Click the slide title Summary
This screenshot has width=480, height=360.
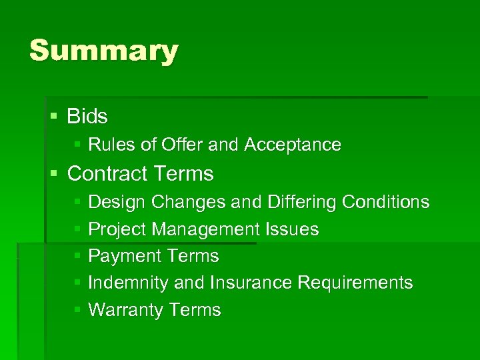pyautogui.click(x=103, y=51)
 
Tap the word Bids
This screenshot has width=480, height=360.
pyautogui.click(x=87, y=117)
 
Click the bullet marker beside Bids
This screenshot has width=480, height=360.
pyautogui.click(x=54, y=117)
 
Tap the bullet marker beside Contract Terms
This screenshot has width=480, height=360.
pyautogui.click(x=54, y=174)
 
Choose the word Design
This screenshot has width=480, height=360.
pyautogui.click(x=117, y=202)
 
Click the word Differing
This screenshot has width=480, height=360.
pyautogui.click(x=301, y=202)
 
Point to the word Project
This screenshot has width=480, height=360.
pyautogui.click(x=117, y=229)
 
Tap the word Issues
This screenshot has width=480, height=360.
pyautogui.click(x=292, y=229)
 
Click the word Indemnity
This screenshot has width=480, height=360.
pyautogui.click(x=129, y=283)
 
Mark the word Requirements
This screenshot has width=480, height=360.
pyautogui.click(x=355, y=283)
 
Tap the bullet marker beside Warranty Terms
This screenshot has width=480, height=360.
pyautogui.click(x=77, y=310)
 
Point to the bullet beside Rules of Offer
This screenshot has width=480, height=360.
pyautogui.click(x=77, y=145)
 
